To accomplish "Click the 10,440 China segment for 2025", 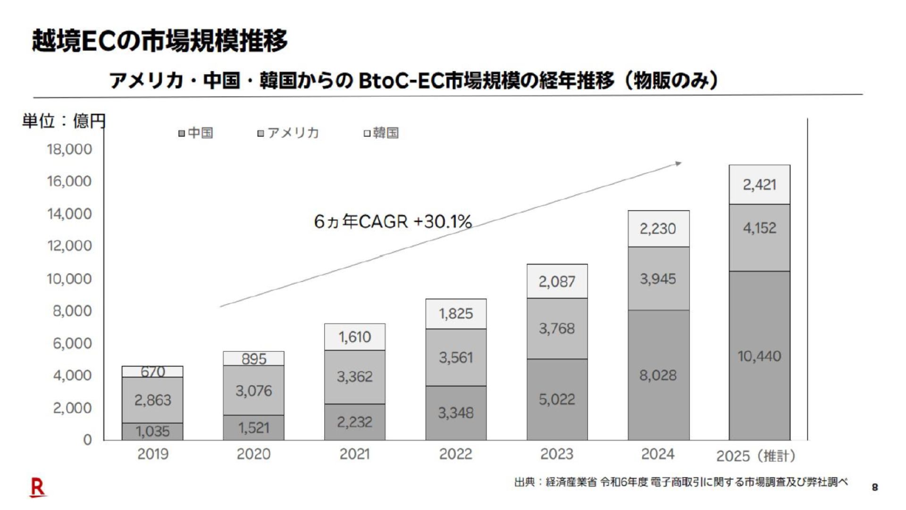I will (759, 356).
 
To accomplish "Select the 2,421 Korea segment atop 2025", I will (759, 185).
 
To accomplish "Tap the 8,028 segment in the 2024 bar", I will (658, 375).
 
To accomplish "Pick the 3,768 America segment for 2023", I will (557, 328).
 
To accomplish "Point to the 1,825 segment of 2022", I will (456, 314).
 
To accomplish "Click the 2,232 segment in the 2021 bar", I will (354, 422).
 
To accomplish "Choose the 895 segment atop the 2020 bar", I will (253, 358).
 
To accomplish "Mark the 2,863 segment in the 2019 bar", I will (152, 400).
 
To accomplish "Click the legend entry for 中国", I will (196, 133).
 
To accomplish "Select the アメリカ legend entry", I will (288, 133).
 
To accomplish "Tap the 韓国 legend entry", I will (381, 133).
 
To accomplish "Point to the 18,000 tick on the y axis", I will (69, 149).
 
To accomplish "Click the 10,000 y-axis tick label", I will (69, 279).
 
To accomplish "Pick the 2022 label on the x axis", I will (455, 454).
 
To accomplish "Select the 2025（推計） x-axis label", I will (755, 456).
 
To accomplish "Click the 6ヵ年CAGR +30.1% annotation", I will (393, 221).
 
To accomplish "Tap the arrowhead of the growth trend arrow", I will (679, 164).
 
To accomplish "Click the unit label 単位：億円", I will (64, 121).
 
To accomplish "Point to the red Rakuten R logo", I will (37, 487).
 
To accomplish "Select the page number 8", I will (875, 487).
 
